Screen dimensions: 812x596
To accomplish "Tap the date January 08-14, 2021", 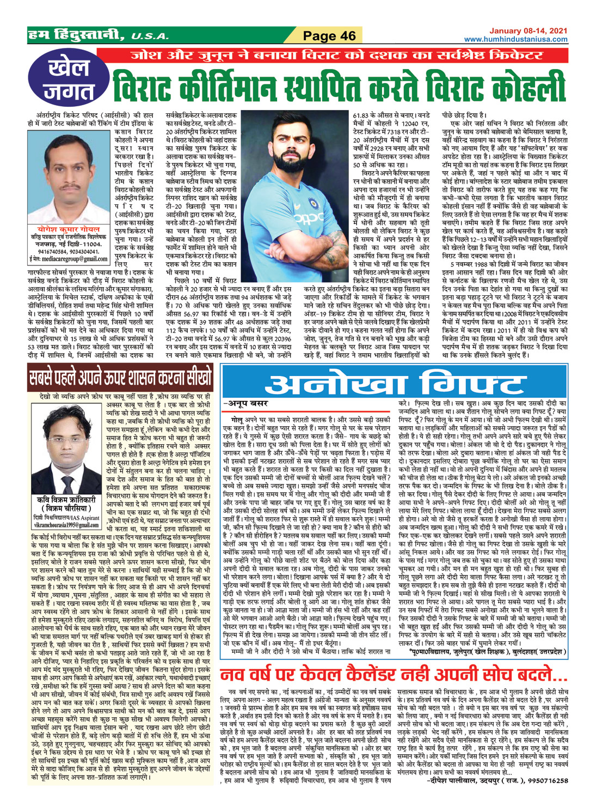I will pyautogui.click(x=528, y=32).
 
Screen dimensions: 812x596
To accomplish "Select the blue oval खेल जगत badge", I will pyautogui.click(x=68, y=80).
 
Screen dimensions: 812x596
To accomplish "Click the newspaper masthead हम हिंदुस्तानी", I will pyautogui.click(x=77, y=36).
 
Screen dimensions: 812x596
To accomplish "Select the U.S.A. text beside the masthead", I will pyautogui.click(x=150, y=37).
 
